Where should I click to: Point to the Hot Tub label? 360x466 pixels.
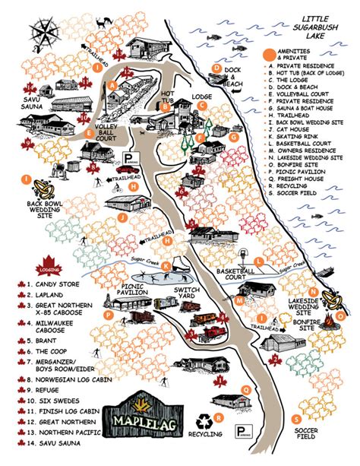click(x=168, y=97)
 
